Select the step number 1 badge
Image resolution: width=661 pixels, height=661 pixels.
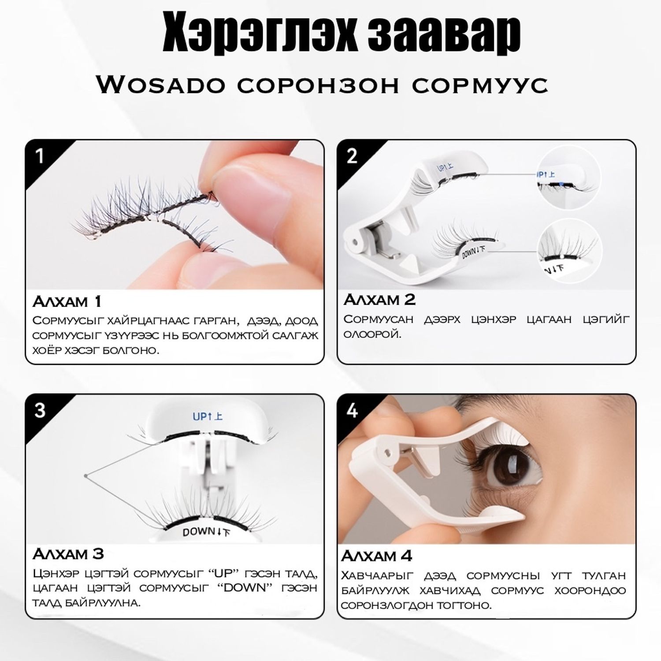pyautogui.click(x=40, y=156)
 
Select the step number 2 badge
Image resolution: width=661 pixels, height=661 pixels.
pyautogui.click(x=352, y=156)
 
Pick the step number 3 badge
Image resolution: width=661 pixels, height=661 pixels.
pyautogui.click(x=40, y=410)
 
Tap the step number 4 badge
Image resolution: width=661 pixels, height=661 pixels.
pyautogui.click(x=352, y=410)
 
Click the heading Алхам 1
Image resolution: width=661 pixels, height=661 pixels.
pyautogui.click(x=67, y=302)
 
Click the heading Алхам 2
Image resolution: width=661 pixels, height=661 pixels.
pyautogui.click(x=379, y=300)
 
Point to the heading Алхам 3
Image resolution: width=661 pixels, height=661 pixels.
pyautogui.click(x=68, y=554)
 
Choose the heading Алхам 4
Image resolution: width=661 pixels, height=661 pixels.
pyautogui.click(x=377, y=556)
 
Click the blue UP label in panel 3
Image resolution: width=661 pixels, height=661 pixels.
pyautogui.click(x=207, y=416)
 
